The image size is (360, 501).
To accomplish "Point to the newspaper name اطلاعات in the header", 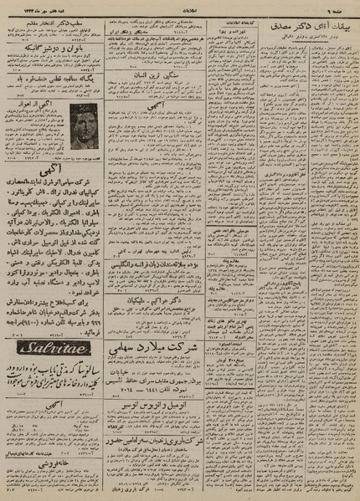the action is [x=179, y=7].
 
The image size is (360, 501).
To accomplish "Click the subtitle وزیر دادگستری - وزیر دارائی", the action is [x=297, y=38].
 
